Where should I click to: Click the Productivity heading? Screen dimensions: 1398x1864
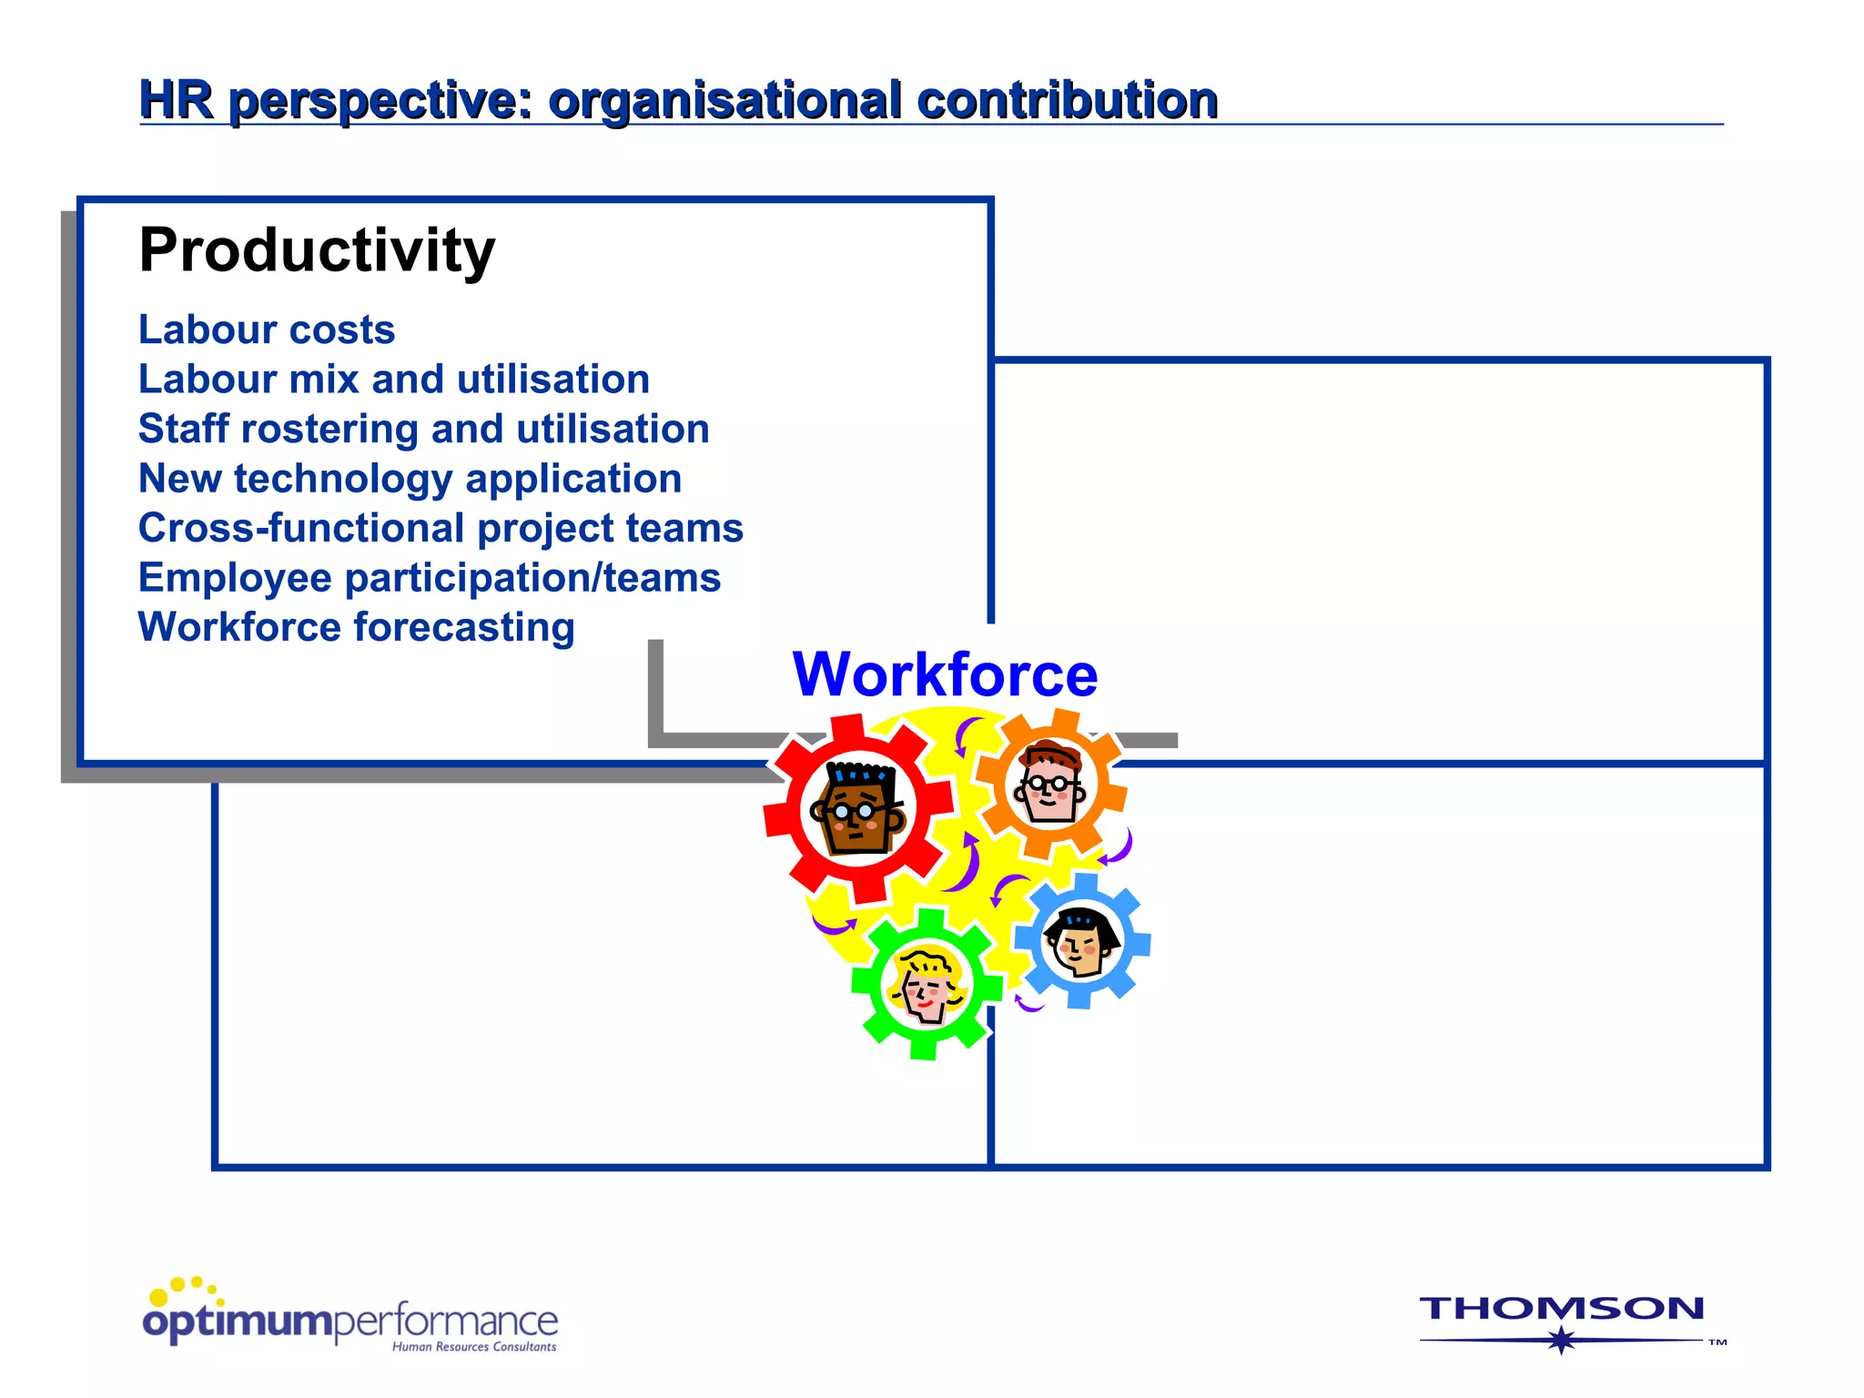(317, 250)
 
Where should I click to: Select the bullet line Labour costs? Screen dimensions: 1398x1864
(267, 329)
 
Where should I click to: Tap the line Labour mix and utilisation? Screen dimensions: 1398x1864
(393, 380)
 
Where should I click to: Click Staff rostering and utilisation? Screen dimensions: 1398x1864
(423, 429)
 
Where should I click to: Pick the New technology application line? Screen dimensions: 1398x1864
(410, 479)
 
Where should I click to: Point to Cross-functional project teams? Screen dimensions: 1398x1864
(441, 528)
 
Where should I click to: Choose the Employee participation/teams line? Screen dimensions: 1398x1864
(429, 578)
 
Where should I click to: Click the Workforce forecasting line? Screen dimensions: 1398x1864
(356, 627)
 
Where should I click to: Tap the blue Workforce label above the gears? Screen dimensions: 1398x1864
(945, 675)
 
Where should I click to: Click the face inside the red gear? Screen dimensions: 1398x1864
(856, 808)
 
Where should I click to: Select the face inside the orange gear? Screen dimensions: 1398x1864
(1050, 784)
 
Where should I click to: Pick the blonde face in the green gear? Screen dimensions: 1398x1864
(926, 986)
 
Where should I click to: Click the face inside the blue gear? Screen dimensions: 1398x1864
(1080, 942)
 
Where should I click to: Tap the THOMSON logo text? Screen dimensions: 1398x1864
(1562, 1309)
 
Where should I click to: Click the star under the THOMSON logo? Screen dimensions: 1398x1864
(1562, 1340)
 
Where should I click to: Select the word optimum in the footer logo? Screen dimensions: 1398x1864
(238, 1322)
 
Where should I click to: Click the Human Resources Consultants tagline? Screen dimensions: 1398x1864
(473, 1347)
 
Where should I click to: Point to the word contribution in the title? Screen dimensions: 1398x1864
(1067, 100)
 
